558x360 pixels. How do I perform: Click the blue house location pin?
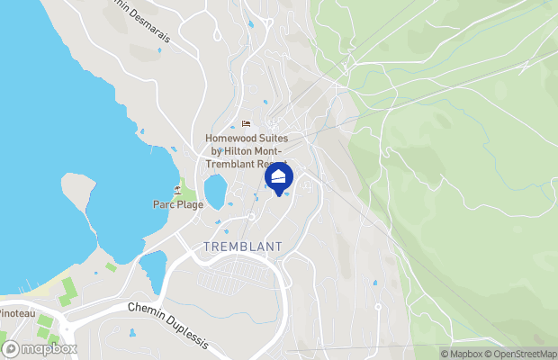[280, 176]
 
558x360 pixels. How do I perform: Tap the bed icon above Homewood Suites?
[245, 124]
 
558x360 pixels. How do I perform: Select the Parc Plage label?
[177, 204]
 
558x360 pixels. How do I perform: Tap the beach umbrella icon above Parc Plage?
[177, 189]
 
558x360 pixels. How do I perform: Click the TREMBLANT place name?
[243, 247]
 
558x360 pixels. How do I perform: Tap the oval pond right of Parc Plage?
[215, 192]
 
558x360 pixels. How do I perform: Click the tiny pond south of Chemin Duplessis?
[131, 332]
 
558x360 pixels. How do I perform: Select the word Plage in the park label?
[190, 204]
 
